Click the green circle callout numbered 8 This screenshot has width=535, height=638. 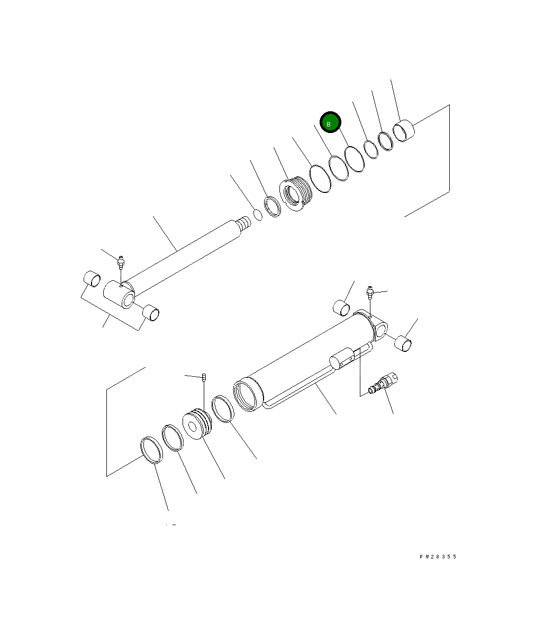330,123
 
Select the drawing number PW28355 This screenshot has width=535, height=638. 438,557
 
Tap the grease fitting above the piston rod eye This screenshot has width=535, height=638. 121,261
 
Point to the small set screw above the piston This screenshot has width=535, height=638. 204,377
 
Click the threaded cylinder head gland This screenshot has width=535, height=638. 296,194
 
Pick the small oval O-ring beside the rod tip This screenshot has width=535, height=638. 258,215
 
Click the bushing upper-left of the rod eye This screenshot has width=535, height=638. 92,278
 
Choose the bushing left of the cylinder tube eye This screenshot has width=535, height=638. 341,307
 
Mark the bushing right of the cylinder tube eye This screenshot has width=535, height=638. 404,343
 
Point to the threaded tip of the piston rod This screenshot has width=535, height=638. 243,223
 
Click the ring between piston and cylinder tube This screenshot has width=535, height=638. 222,409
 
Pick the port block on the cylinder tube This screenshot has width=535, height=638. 341,360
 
